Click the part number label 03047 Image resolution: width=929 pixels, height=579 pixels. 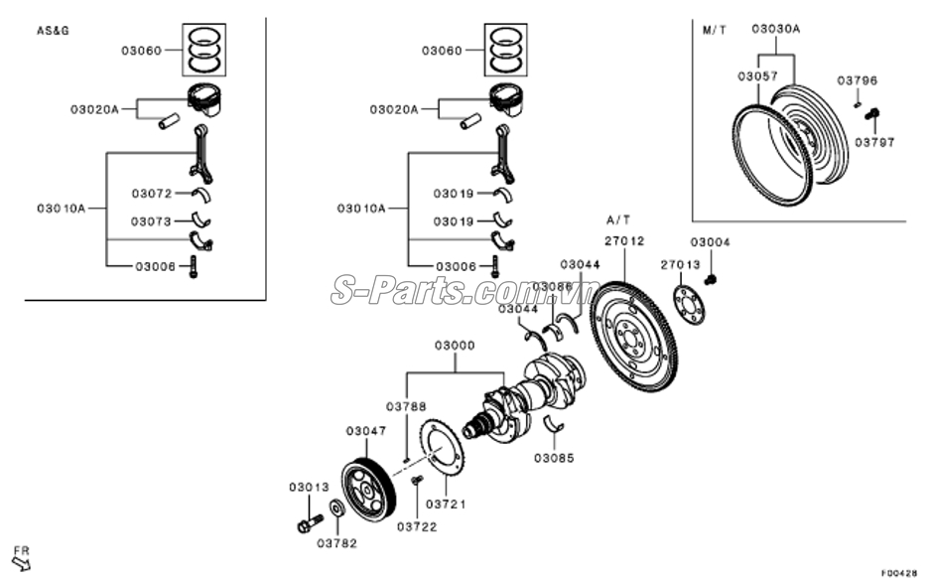(365, 431)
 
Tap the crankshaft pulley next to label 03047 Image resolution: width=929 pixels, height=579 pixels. (367, 489)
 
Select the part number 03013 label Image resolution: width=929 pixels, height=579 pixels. (309, 487)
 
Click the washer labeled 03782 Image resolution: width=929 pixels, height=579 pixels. (337, 509)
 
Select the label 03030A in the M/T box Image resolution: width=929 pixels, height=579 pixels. (775, 30)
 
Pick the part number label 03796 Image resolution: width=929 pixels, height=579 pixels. (857, 79)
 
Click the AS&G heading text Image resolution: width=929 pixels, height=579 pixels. (53, 31)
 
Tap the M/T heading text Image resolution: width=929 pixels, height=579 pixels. (715, 31)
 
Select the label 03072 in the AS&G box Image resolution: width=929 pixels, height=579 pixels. (152, 193)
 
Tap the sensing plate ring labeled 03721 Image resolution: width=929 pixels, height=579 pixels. (446, 456)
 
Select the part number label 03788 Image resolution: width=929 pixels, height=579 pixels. (406, 406)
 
